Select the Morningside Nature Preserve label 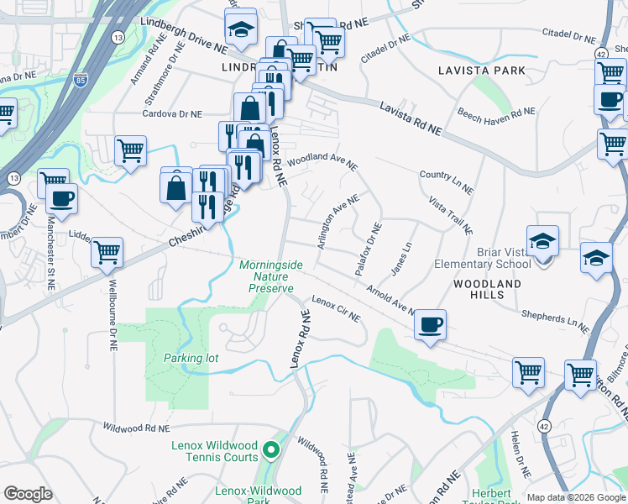266,276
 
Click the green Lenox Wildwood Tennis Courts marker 270,452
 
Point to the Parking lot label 191,358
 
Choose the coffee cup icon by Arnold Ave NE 430,323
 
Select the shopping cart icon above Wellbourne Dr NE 107,251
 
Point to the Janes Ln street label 402,260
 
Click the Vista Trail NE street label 452,217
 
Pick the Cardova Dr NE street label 172,113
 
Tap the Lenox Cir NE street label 336,309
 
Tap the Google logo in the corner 28,494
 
